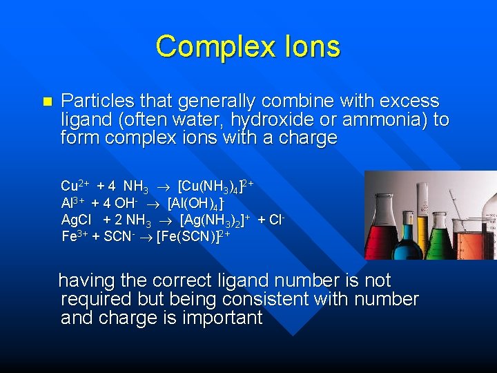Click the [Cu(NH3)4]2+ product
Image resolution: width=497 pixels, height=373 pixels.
pyautogui.click(x=217, y=186)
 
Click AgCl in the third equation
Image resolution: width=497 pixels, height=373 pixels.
pyautogui.click(x=77, y=220)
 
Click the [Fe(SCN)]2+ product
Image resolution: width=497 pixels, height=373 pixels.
pyautogui.click(x=193, y=237)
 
